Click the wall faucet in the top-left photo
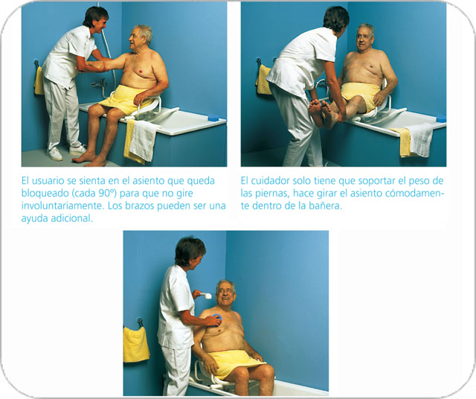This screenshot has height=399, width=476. click(100, 84)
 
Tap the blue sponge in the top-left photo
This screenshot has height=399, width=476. click(213, 118)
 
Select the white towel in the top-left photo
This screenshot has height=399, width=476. click(144, 140)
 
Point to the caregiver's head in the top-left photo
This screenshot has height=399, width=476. click(97, 19)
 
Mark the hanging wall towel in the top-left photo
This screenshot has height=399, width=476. click(39, 80)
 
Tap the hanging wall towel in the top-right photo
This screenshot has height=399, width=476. click(263, 80)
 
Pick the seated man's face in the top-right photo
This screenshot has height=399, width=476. click(364, 39)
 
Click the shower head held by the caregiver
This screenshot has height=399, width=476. click(205, 295)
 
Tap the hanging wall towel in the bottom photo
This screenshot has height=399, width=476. click(136, 344)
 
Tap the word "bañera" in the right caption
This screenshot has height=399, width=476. click(327, 205)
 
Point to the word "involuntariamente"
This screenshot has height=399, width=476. click(63, 205)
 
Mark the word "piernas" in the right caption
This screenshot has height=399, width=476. click(271, 194)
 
